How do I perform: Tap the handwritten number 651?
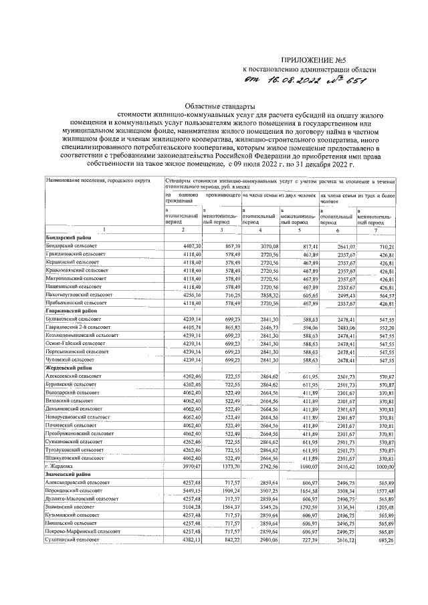coord(359,82)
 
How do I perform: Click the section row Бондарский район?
coord(68,238)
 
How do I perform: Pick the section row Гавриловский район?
coord(72,310)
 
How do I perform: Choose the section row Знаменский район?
coord(69,473)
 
